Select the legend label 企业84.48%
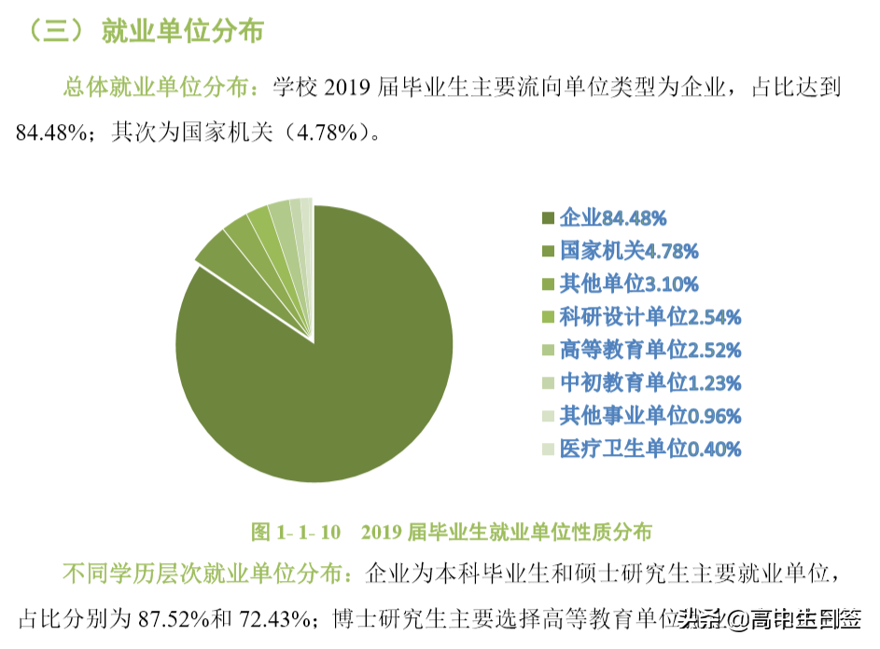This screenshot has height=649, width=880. pyautogui.click(x=612, y=219)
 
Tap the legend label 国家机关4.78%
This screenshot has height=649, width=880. pyautogui.click(x=628, y=252)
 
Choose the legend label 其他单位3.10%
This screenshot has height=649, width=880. pyautogui.click(x=628, y=284)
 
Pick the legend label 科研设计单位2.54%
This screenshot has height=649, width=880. pyautogui.click(x=650, y=317)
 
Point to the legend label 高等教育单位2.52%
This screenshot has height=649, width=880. pyautogui.click(x=650, y=351)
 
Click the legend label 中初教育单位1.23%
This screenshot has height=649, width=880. pyautogui.click(x=650, y=383)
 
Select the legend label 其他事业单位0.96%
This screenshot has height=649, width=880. pyautogui.click(x=650, y=416)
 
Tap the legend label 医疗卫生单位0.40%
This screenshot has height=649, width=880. pyautogui.click(x=650, y=449)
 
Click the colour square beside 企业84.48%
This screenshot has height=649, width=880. pyautogui.click(x=548, y=219)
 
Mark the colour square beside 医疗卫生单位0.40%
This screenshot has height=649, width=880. pyautogui.click(x=548, y=449)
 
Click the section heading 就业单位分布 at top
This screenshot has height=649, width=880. pyautogui.click(x=182, y=32)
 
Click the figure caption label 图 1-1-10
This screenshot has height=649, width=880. pyautogui.click(x=295, y=532)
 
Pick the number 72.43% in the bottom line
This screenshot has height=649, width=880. pyautogui.click(x=277, y=617)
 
